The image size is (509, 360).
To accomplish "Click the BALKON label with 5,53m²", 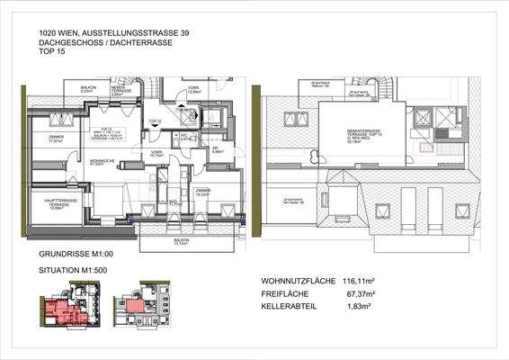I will click(87, 89).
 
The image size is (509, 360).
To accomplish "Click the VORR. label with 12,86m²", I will click(195, 90).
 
